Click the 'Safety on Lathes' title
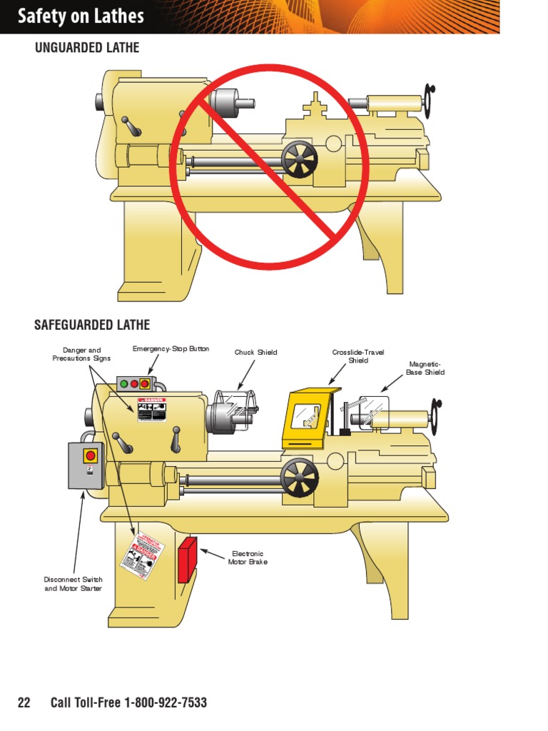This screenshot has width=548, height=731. point(81,16)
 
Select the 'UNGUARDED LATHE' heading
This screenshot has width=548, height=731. point(87,48)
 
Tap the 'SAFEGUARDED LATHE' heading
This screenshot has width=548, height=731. point(92,325)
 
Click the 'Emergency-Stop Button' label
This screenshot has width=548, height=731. point(171,349)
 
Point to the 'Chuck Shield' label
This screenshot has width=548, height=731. point(255,352)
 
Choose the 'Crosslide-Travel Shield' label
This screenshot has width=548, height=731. point(358,356)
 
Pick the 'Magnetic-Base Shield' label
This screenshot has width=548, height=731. point(425,368)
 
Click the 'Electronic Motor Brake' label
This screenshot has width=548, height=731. point(246,558)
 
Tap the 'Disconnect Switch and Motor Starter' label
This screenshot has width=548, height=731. point(73,584)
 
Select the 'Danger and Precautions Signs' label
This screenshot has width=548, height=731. point(82,354)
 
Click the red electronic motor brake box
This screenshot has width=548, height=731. point(187,560)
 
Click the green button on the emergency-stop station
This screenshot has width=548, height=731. point(124,384)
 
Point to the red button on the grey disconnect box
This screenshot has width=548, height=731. point(91,455)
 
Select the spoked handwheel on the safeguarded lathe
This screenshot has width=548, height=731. point(300,478)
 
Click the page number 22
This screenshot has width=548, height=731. point(24,703)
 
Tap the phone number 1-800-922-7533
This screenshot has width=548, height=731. point(166,703)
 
